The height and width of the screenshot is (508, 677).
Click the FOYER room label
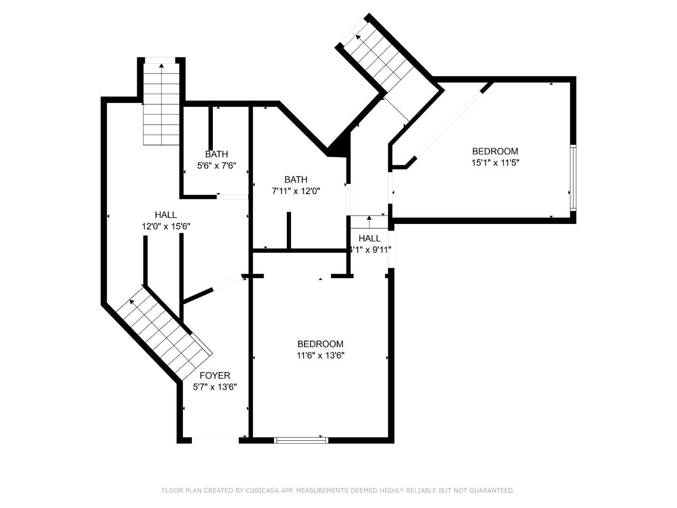pos(215,375)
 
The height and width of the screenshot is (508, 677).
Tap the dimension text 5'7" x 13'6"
pos(215,387)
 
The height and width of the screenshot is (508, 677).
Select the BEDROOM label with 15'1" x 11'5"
pos(495,151)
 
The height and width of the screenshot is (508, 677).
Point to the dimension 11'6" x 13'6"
pos(321,356)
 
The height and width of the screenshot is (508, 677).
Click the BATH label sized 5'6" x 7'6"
pos(216,154)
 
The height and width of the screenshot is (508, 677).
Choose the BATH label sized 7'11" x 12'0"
pos(296,180)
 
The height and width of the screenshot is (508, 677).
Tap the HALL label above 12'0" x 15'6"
pos(166,215)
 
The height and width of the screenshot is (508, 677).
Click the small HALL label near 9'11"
pos(370,238)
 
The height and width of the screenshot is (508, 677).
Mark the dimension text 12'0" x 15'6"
pos(166,226)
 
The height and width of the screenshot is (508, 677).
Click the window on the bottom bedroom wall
pos(301,440)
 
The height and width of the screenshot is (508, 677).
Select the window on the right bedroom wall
pos(573,177)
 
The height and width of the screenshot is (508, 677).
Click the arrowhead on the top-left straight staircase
pos(161,66)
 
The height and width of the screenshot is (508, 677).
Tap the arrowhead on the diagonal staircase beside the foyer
pos(132,301)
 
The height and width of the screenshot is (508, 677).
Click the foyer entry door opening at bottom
pos(215,440)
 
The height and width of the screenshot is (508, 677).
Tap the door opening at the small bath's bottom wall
pos(232,197)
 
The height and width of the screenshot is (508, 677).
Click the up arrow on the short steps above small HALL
pos(369,218)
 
